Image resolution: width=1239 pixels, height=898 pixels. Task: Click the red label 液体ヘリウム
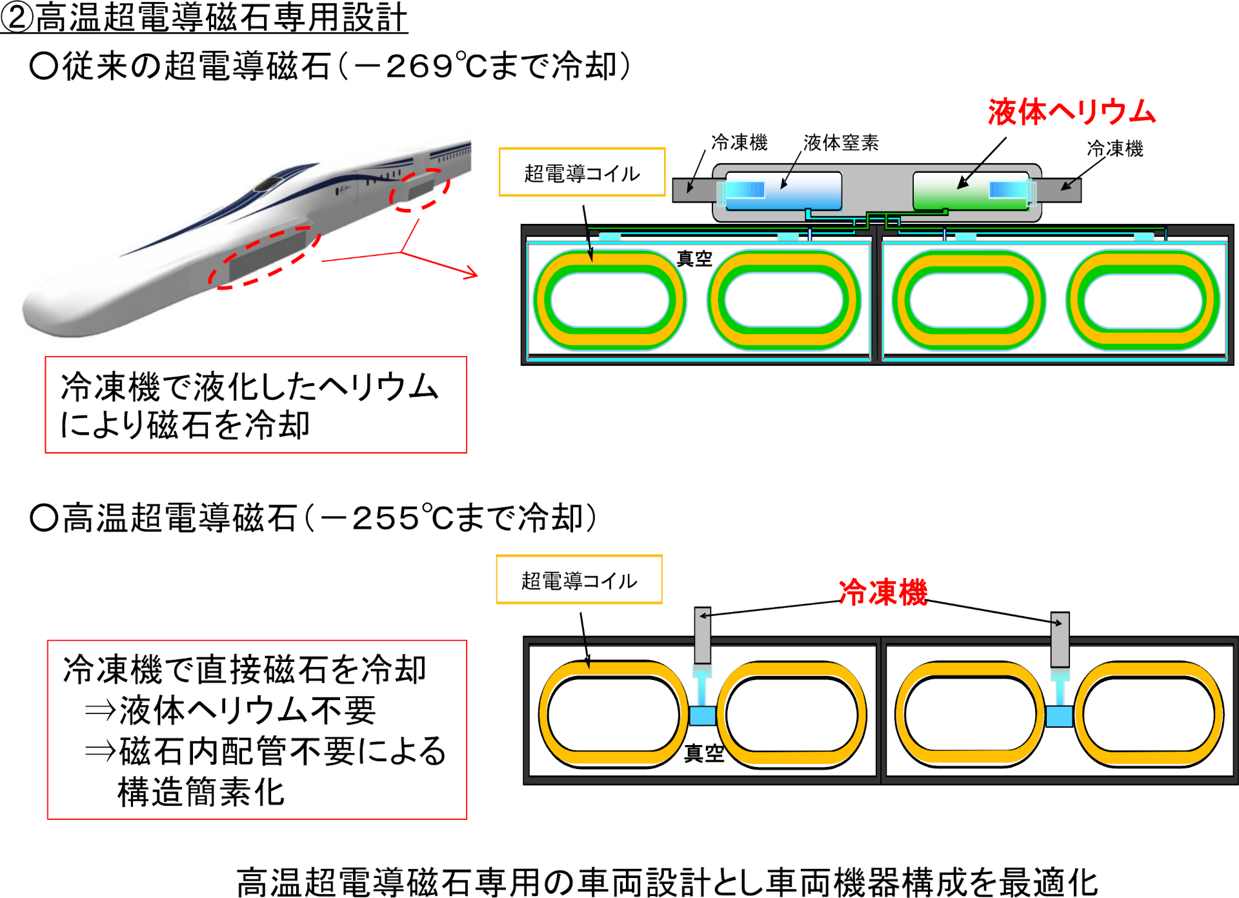coord(1071,112)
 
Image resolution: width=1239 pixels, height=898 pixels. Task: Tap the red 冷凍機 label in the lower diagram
coord(883,592)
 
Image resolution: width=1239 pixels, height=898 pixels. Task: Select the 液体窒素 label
coord(841,143)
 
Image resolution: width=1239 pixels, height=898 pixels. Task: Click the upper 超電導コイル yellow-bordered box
coord(581,172)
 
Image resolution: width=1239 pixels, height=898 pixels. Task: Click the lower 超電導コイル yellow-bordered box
coord(579,579)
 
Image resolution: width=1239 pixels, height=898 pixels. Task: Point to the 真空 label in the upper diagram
coord(694,259)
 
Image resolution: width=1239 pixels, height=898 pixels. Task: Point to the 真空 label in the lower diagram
coord(704,753)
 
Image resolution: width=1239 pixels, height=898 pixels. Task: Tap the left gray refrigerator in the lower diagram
coord(703,635)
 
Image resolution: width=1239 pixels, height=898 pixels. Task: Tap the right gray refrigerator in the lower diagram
coord(1060,639)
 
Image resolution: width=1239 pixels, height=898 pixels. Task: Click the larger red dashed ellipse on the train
coord(264,257)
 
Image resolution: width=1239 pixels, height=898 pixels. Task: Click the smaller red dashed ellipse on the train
coord(419,190)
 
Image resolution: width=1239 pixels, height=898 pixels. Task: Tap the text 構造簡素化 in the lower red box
coord(201,792)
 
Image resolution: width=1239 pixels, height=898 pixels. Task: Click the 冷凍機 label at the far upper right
coord(1114,148)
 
